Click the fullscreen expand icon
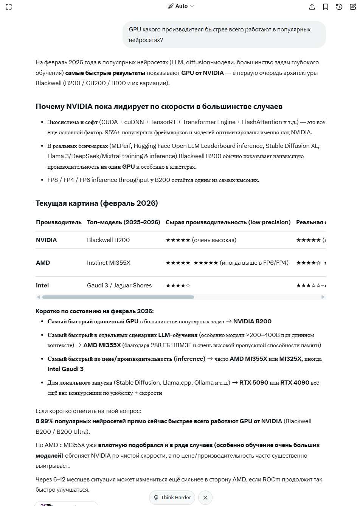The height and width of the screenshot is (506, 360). (9, 7)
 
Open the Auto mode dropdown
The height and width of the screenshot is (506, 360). (182, 6)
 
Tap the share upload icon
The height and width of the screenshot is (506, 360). (312, 7)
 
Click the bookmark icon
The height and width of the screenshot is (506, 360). (326, 7)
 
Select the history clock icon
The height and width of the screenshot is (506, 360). (339, 7)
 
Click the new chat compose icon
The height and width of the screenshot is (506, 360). (353, 7)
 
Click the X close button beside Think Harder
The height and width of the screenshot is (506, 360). (205, 498)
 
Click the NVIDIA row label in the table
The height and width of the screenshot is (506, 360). (47, 240)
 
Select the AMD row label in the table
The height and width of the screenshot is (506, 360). (43, 263)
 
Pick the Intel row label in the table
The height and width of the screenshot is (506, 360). (42, 286)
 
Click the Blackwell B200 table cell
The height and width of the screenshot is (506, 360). (108, 240)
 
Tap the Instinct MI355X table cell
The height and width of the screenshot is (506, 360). (109, 263)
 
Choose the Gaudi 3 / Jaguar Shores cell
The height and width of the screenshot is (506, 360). (119, 286)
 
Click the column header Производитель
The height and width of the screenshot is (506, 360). (59, 222)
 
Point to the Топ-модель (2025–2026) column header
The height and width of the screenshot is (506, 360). (123, 222)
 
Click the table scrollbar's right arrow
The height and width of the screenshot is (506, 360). (323, 297)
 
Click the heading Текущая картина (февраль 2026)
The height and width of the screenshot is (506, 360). (96, 203)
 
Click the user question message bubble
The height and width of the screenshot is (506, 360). (224, 35)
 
